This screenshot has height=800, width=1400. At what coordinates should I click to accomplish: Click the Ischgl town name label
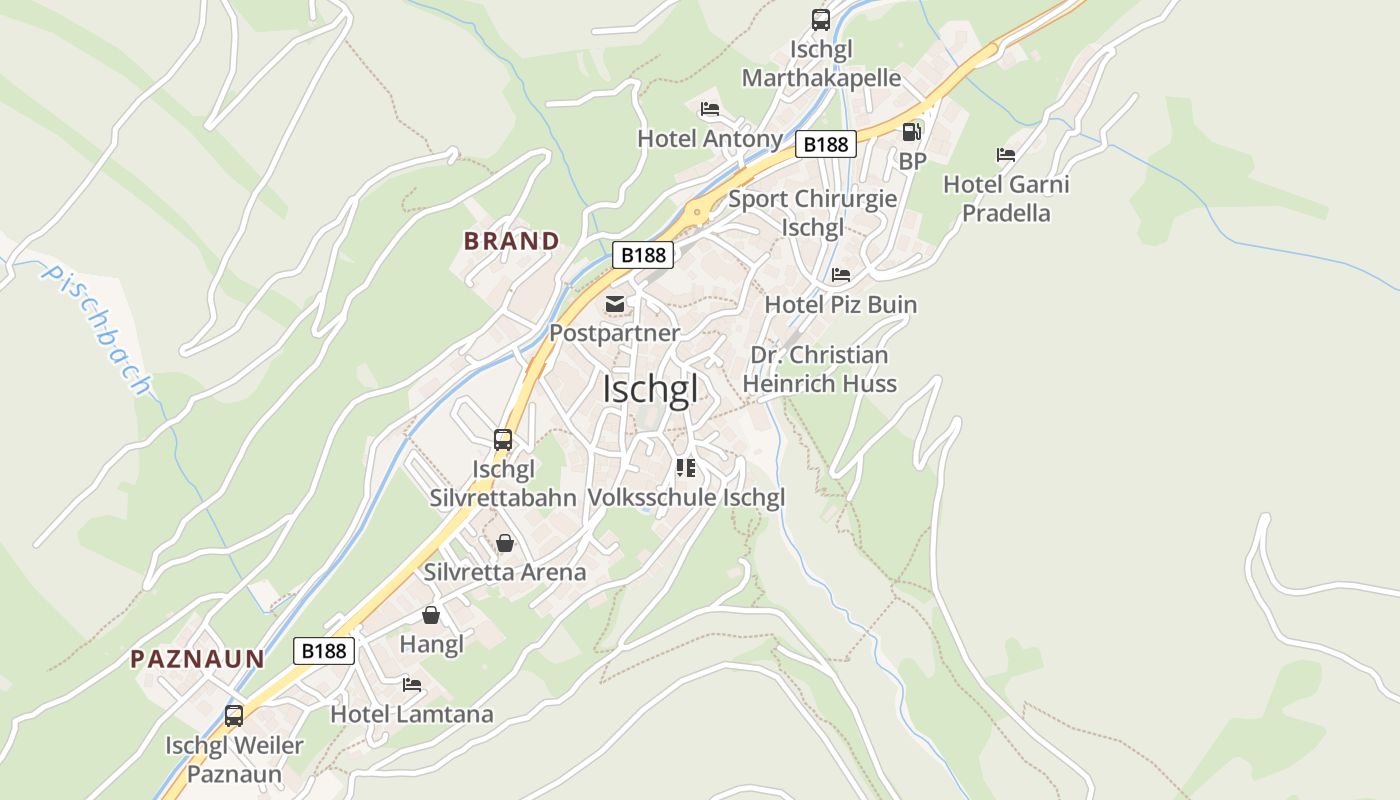coord(650,390)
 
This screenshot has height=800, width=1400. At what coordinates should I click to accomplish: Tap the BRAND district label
coord(511,241)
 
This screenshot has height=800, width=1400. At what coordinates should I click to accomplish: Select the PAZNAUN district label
coord(198,659)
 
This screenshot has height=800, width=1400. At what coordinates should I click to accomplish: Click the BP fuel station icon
coord(911,131)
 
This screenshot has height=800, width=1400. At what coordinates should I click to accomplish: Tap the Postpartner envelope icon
coord(614,303)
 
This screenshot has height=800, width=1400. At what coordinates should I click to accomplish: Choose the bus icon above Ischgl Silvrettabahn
coord(503,439)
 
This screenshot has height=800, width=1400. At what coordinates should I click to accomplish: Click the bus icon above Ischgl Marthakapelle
coord(821,19)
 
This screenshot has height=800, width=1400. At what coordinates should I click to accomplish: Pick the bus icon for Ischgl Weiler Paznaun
coord(234,716)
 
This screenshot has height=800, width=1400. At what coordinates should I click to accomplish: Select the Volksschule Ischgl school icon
coord(686,467)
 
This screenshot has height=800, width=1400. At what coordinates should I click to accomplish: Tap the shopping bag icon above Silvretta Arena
coord(505,543)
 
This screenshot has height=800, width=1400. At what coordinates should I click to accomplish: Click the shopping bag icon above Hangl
coord(431,615)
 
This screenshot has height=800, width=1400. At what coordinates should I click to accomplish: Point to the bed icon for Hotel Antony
coord(710,109)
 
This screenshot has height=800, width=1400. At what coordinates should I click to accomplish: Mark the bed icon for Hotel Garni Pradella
coord(1006,155)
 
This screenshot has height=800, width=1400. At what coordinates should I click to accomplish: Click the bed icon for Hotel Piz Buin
coord(841,275)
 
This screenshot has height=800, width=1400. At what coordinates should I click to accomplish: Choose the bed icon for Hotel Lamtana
coord(412,685)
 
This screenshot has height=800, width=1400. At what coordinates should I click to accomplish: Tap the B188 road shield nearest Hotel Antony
coord(826,145)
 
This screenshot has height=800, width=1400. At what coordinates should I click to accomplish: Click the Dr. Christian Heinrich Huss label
coord(820,369)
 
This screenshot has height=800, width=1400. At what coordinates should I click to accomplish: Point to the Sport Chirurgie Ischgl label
coord(813,213)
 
